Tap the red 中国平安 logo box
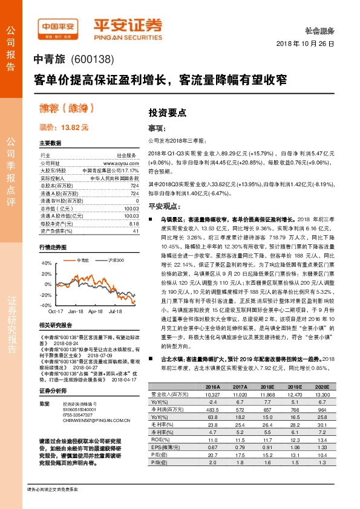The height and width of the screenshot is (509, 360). tap(60, 27)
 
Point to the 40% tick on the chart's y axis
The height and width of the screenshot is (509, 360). tap(45, 263)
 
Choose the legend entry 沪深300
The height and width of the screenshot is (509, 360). tap(116, 259)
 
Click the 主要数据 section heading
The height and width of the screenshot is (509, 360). tap(50, 143)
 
